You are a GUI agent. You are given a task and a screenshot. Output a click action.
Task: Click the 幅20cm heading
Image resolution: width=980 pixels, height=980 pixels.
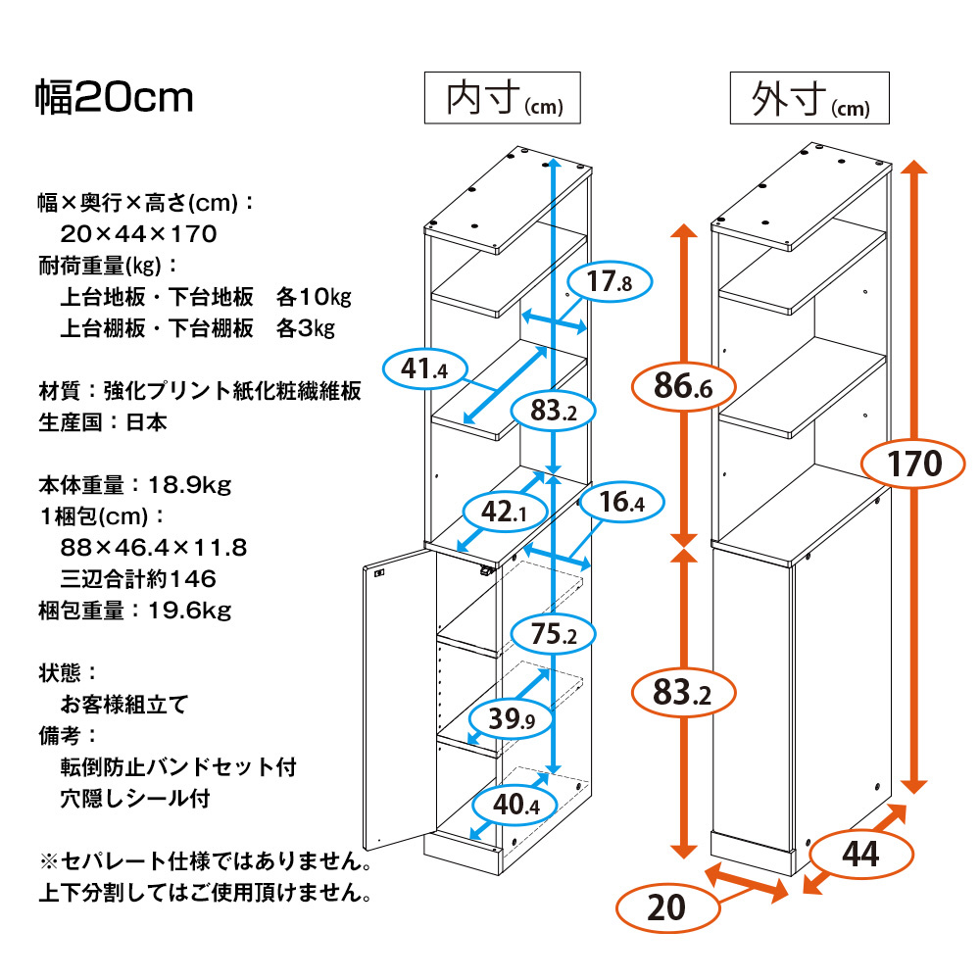(115, 98)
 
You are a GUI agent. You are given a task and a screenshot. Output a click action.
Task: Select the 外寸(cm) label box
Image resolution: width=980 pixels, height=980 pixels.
(808, 98)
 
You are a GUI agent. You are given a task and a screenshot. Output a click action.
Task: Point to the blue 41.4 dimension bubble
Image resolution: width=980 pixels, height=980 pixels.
(423, 369)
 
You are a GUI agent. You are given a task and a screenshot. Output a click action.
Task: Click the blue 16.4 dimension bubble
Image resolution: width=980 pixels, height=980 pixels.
(621, 505)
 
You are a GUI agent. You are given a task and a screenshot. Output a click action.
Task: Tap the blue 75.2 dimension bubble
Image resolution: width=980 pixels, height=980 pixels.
(554, 634)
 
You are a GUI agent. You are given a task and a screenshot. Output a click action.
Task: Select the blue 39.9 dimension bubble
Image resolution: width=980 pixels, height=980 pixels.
(512, 720)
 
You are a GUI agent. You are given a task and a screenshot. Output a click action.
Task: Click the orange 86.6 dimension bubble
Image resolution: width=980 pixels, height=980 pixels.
(682, 389)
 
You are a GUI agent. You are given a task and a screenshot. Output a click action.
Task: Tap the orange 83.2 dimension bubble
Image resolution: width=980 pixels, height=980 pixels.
(682, 695)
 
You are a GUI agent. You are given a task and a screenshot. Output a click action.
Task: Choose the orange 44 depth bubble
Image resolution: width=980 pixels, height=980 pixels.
(858, 854)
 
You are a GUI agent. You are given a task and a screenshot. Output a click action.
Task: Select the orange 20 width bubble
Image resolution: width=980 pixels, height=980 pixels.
(666, 908)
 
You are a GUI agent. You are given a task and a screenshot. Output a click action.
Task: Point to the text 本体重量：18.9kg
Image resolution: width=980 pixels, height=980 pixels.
(134, 484)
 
